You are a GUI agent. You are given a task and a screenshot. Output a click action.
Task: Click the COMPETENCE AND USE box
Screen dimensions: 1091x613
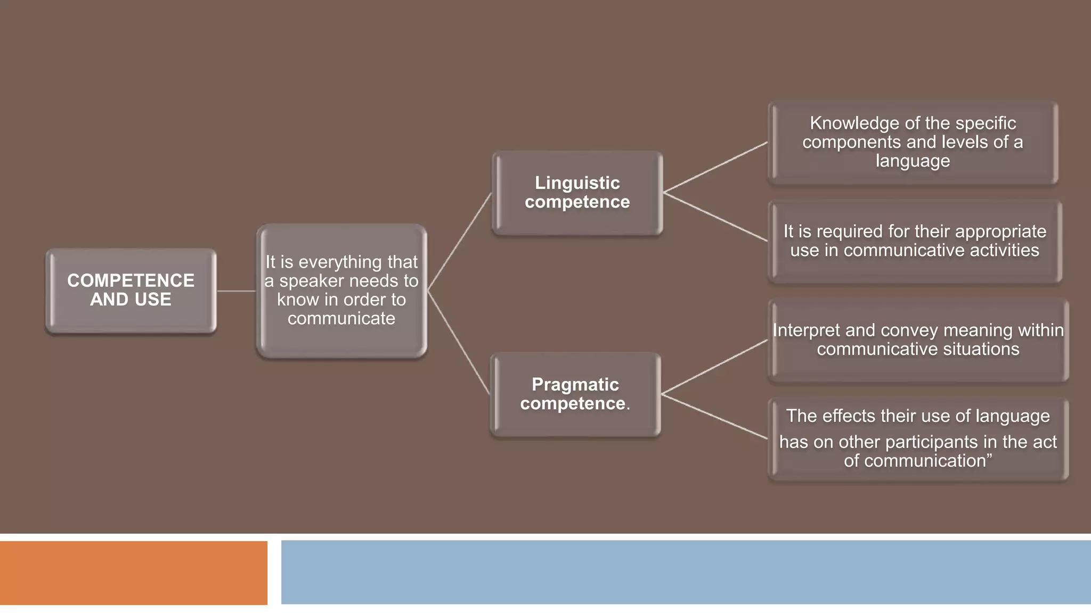point(131,291)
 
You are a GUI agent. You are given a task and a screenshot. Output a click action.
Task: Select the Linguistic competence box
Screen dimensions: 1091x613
point(577,193)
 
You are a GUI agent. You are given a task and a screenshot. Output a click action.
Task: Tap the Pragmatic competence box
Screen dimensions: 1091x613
point(575,394)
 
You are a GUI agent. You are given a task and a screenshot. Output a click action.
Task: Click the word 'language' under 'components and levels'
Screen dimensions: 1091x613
point(913,161)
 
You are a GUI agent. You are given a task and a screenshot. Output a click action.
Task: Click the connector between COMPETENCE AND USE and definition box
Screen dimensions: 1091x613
point(236,291)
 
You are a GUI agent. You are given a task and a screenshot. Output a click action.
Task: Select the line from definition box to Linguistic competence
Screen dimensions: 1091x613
point(459,242)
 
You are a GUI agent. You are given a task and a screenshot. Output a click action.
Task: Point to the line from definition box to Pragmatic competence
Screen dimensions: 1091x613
point(459,343)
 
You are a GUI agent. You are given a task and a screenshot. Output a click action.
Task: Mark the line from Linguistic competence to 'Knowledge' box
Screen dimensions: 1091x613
point(715,167)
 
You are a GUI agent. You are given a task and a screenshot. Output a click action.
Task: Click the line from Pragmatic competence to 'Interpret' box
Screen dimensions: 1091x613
point(714,367)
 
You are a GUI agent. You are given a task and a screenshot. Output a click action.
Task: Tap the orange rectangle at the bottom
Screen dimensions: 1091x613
point(133,573)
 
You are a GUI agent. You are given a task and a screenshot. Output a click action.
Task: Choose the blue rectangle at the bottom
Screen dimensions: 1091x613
point(686,572)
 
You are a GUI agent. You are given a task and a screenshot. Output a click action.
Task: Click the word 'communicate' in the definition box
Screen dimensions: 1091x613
point(341,319)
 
